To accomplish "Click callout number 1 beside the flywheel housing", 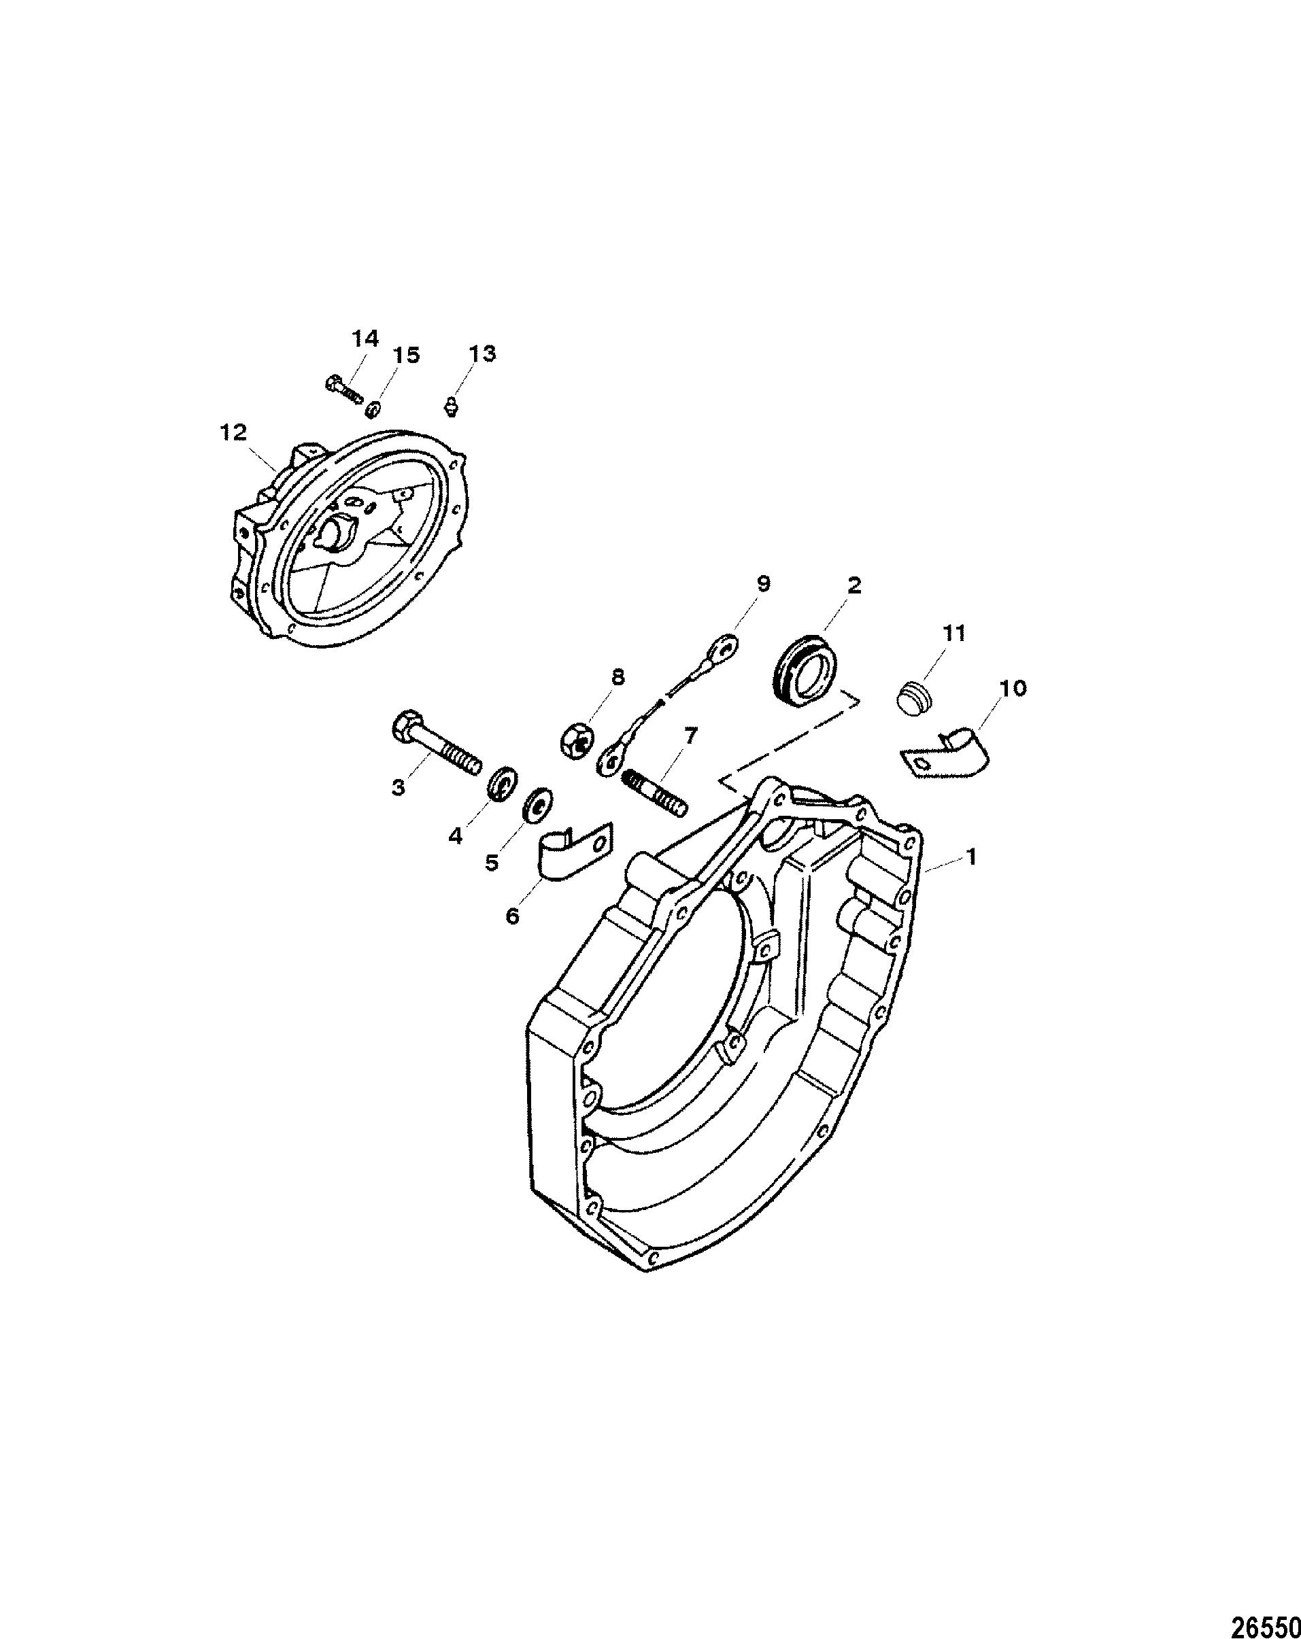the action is [x=970, y=857].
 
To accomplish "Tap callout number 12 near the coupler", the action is [x=233, y=432].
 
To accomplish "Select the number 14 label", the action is [x=365, y=339].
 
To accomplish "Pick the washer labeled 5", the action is [x=539, y=806].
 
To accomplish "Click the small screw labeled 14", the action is [x=343, y=390].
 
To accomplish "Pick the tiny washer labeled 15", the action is [x=373, y=410].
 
